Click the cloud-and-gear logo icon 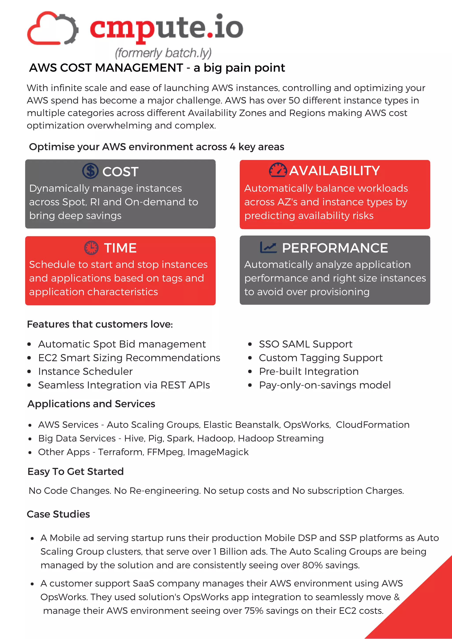[52, 28]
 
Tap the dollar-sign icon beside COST [90, 171]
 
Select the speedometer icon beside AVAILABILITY [278, 170]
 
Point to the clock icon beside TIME [91, 248]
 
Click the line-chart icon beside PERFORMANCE [268, 247]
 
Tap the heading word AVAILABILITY [334, 171]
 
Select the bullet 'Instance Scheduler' [85, 372]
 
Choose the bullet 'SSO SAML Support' [305, 344]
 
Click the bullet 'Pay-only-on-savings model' [325, 385]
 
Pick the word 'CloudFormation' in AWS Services [373, 425]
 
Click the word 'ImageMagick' [218, 452]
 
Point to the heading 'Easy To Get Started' [75, 471]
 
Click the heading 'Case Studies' [58, 514]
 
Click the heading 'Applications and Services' [91, 404]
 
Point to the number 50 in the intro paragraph [294, 101]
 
